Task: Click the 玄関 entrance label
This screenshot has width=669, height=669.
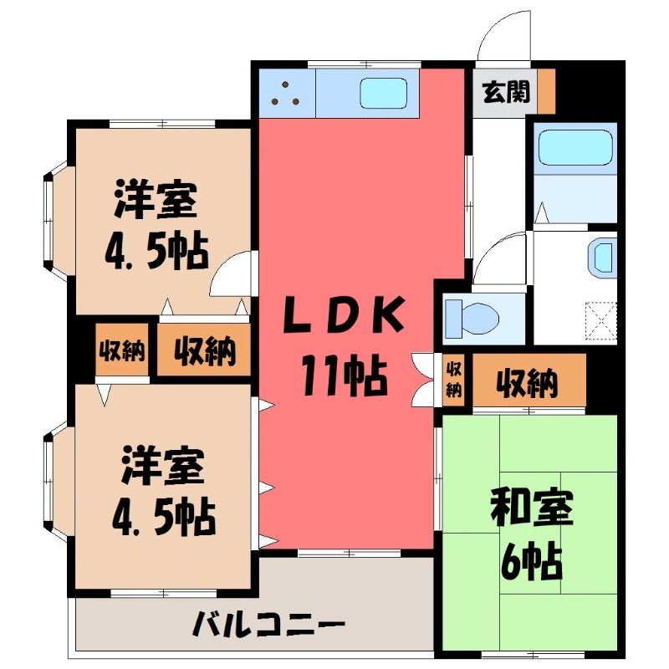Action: (x=506, y=92)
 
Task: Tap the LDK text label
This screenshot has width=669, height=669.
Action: (x=344, y=315)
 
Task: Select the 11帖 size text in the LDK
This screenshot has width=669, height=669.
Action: (x=345, y=375)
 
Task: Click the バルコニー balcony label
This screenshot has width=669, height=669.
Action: (x=268, y=625)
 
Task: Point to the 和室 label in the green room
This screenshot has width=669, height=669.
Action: (x=531, y=508)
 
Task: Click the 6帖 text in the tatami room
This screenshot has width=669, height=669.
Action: (x=531, y=561)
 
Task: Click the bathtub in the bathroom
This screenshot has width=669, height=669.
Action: (x=575, y=147)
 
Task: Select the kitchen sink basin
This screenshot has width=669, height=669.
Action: (x=383, y=93)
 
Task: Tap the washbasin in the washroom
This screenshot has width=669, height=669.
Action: (x=602, y=258)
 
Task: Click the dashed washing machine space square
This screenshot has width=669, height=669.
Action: (x=600, y=321)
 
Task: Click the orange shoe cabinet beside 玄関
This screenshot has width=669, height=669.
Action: (x=546, y=91)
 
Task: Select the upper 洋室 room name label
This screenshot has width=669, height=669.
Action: (x=155, y=200)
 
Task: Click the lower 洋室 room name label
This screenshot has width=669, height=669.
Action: (x=162, y=466)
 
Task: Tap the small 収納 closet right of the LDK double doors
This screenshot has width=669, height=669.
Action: (x=453, y=379)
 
